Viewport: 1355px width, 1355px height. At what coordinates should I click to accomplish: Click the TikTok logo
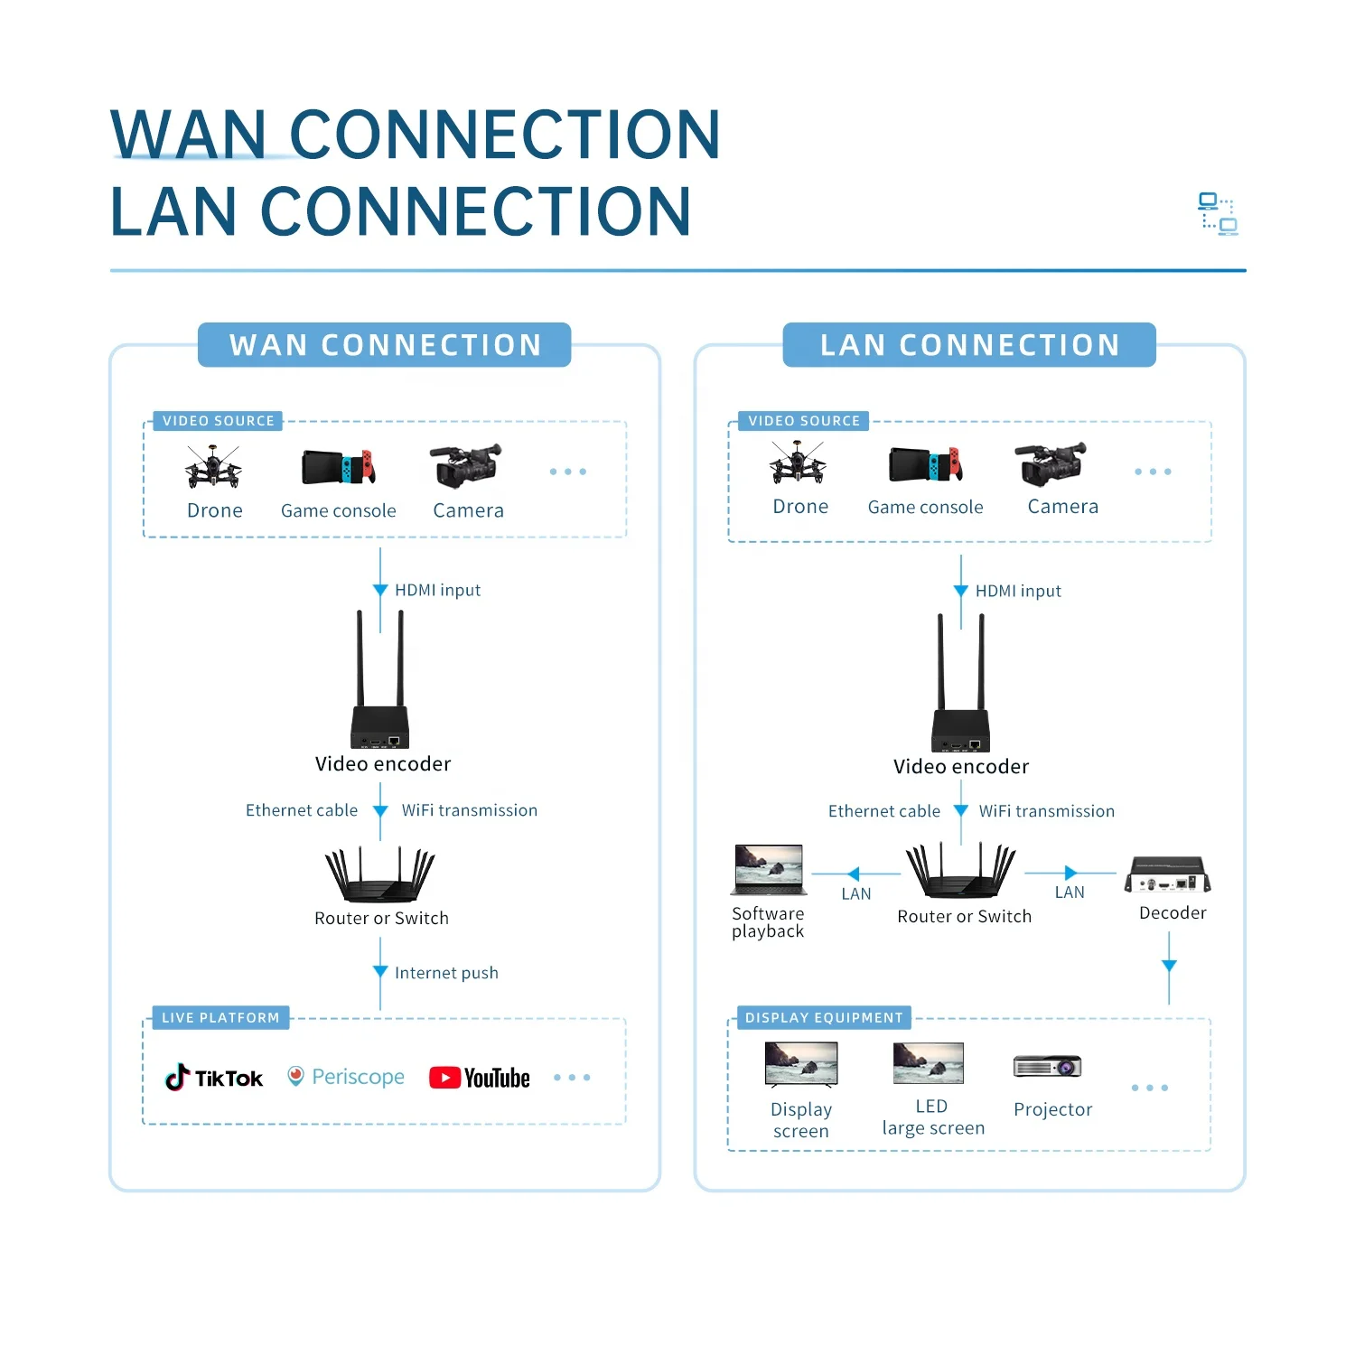pos(214,1077)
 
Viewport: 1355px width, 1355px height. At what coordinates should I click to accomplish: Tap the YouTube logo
pos(480,1078)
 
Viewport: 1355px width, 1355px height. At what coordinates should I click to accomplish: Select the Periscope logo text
pos(358,1077)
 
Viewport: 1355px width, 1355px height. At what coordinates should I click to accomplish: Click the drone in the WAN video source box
pos(213,466)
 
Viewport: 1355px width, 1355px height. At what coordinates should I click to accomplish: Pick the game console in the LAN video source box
pos(925,465)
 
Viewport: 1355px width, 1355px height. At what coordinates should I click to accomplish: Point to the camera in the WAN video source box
pos(465,465)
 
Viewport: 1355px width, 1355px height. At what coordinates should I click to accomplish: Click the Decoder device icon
pos(1168,875)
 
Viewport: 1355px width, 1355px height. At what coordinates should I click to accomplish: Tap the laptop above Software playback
pos(770,870)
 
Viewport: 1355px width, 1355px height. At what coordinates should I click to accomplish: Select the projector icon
pos(1048,1067)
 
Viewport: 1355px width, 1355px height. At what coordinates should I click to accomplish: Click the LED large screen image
pos(928,1063)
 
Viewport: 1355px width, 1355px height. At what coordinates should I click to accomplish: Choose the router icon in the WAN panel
pos(380,876)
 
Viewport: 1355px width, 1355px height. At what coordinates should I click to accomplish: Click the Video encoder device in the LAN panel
pos(961,714)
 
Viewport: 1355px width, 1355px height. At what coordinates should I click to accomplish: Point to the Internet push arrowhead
pos(380,972)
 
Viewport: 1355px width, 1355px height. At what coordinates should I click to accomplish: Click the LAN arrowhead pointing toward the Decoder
pos(1070,873)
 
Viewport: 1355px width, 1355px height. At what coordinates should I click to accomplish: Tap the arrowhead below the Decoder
pos(1169,966)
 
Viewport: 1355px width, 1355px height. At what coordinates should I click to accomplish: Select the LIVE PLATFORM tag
pos(220,1018)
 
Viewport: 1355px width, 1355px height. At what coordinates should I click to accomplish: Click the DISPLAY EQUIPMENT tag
pos(823,1018)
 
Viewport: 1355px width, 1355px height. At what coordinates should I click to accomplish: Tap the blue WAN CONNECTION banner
pos(385,345)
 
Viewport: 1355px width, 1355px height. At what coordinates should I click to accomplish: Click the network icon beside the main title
pos(1218,214)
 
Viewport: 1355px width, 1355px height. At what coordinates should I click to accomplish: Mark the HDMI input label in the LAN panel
pos(1018,591)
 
